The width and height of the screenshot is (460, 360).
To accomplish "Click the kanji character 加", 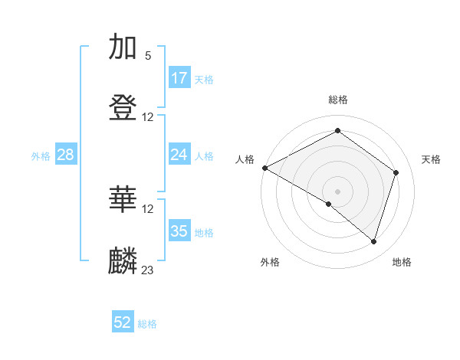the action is point(123,47).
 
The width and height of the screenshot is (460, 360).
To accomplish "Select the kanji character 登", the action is point(123,108).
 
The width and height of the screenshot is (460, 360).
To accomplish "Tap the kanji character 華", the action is point(123,199).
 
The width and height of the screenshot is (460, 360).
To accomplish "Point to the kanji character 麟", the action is point(123,260).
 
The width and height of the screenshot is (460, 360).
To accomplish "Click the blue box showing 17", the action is point(179,78).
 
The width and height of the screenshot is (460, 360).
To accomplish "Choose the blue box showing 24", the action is point(179,155).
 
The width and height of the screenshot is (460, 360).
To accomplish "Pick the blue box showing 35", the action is point(179,231).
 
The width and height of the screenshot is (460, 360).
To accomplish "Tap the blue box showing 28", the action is point(66,155).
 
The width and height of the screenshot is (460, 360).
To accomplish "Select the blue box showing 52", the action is point(123,323).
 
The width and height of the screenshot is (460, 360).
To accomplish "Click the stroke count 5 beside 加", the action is point(148,56).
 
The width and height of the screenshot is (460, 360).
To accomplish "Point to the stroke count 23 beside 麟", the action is point(148,270).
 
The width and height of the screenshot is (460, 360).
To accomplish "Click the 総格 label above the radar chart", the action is point(338,100).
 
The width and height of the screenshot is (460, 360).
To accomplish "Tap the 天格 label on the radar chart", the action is point(431,159).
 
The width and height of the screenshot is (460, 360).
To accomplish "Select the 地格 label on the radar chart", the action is point(402,262).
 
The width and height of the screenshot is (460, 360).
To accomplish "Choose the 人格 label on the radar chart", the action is point(245,159).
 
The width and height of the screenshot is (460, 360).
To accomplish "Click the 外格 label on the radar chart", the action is point(270,262).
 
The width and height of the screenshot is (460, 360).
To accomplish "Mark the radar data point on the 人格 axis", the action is point(264,168).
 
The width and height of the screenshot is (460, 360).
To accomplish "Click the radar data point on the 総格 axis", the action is point(337,131).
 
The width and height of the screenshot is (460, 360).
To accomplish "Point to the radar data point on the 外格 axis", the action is point(329,204).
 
